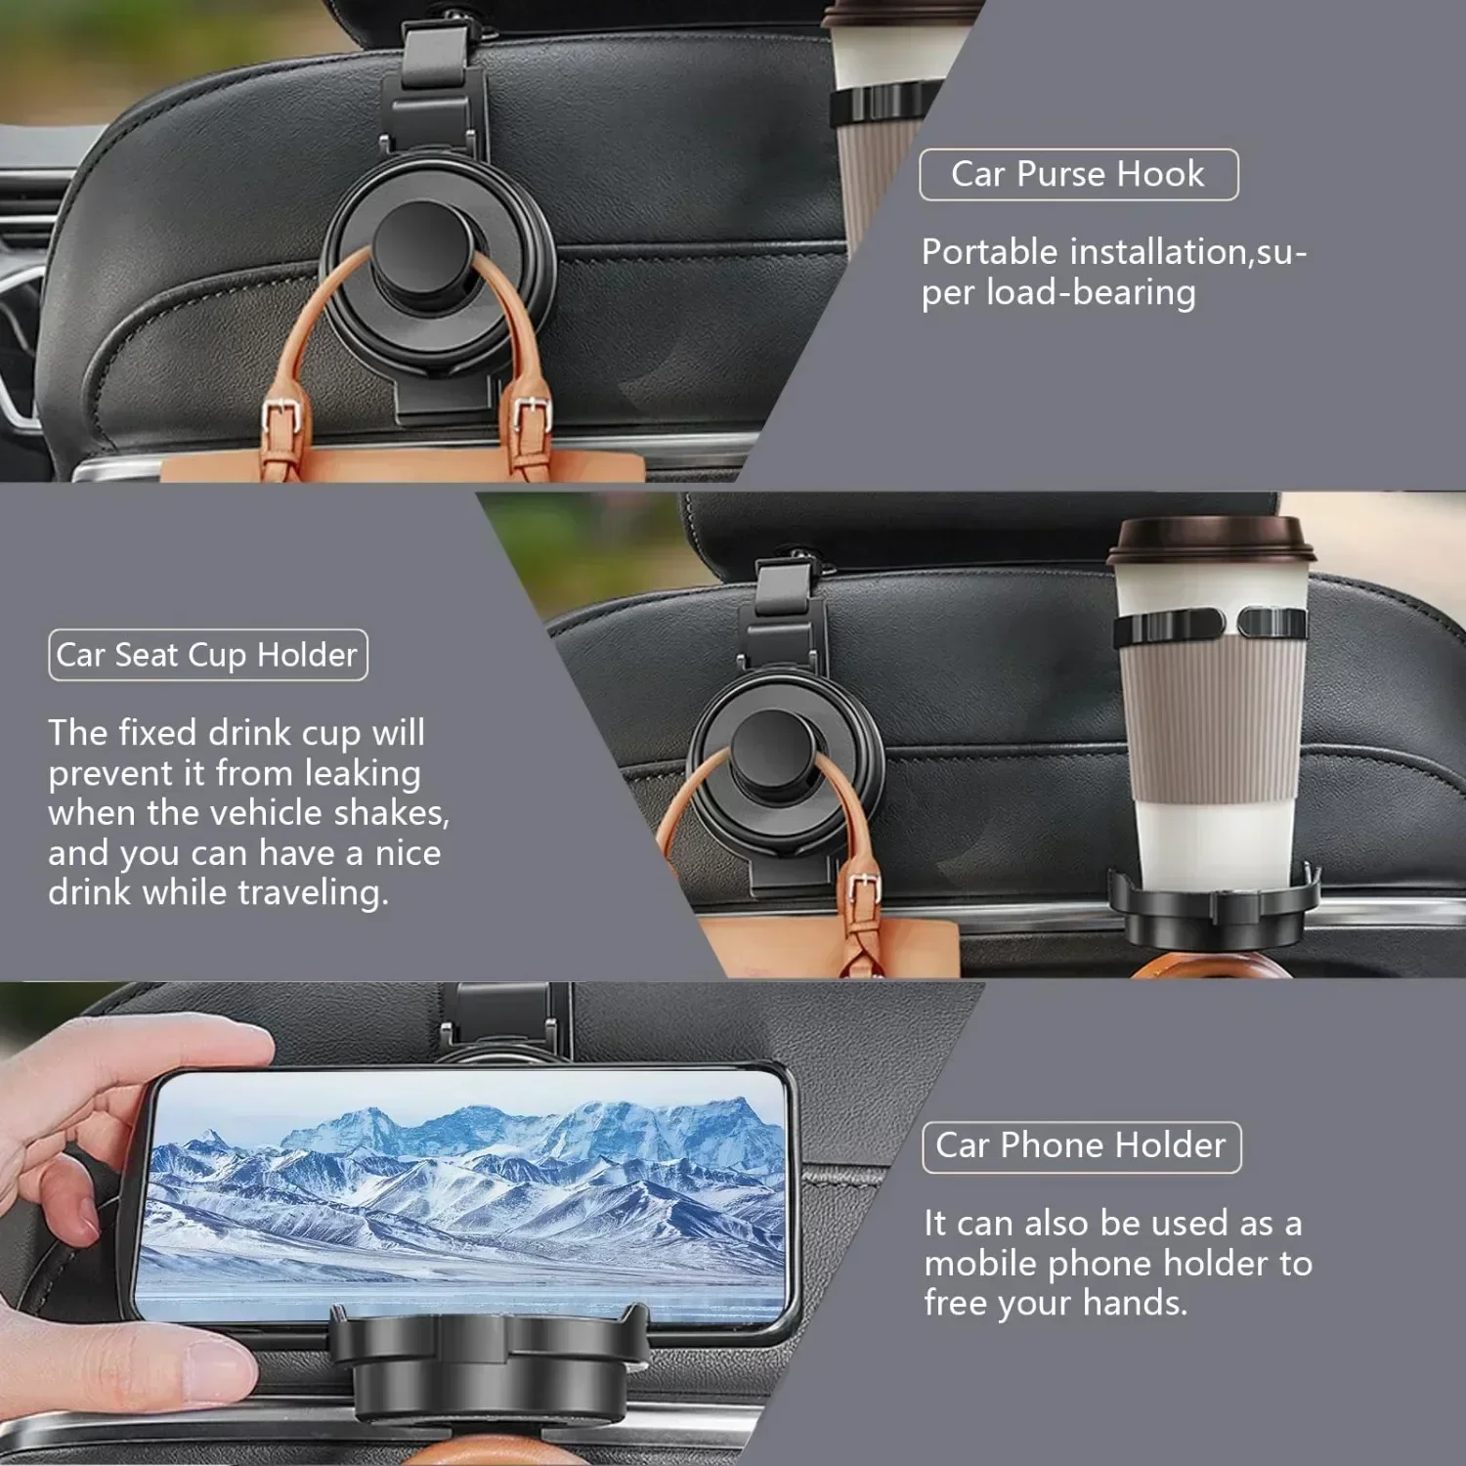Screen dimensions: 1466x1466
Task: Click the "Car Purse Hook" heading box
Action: click(1078, 175)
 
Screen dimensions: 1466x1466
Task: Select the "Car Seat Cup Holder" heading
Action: click(207, 655)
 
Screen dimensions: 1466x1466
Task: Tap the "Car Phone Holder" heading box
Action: click(1081, 1146)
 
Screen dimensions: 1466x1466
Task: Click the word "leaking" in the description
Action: click(363, 773)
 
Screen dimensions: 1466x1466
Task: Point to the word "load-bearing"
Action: click(1091, 293)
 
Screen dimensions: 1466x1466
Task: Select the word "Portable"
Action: click(989, 253)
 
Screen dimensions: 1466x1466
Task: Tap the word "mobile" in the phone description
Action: click(981, 1264)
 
